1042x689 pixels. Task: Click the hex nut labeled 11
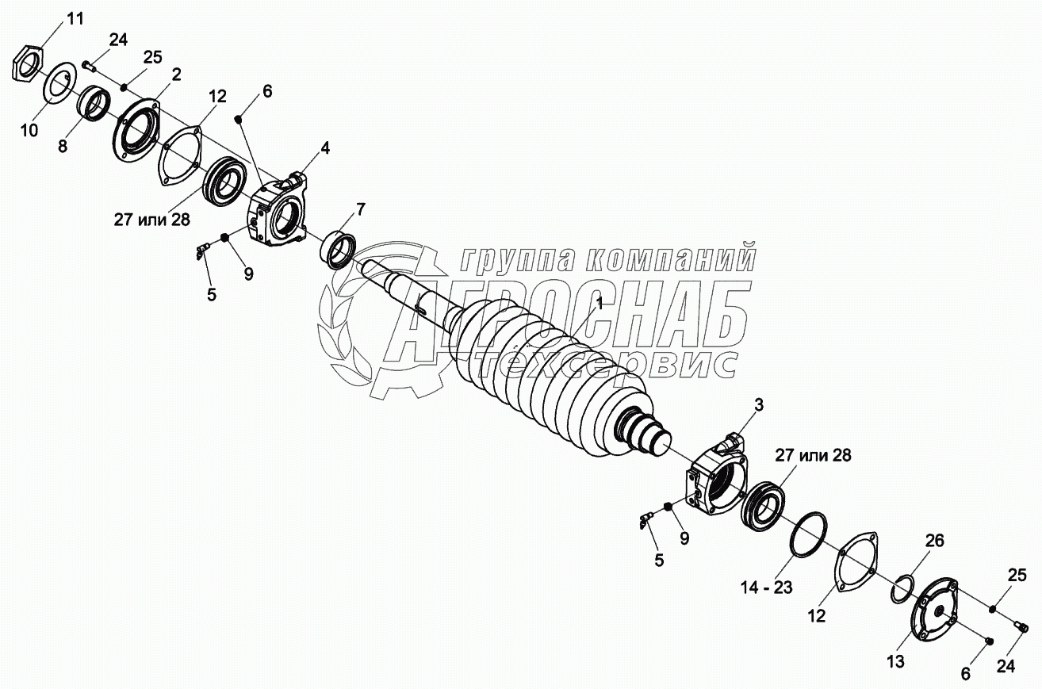[x=27, y=66]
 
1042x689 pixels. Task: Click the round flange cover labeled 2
[x=136, y=132]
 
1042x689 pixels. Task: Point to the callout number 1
[x=600, y=304]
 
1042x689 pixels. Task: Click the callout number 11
[x=75, y=20]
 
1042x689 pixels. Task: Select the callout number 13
[x=895, y=661]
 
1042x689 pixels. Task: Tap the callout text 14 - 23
[x=767, y=588]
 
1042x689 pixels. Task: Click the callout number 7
[x=361, y=210]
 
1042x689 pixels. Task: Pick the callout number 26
[x=934, y=541]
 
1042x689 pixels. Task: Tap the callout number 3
[x=759, y=404]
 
